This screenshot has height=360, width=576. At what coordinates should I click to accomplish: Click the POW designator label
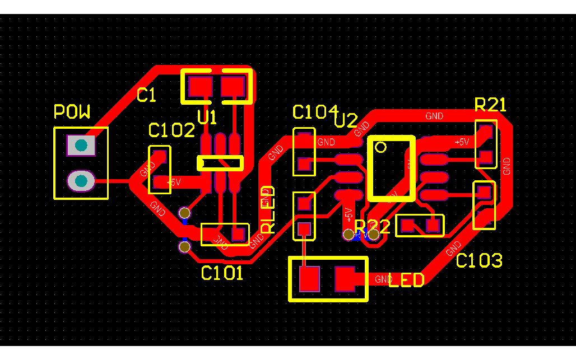pyautogui.click(x=72, y=112)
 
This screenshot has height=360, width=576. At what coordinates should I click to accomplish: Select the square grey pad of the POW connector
pyautogui.click(x=81, y=146)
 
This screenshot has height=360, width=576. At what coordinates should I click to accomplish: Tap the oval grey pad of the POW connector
pyautogui.click(x=81, y=181)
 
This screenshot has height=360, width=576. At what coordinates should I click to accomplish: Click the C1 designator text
pyautogui.click(x=146, y=95)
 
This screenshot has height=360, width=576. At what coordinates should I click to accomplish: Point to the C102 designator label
pyautogui.click(x=171, y=130)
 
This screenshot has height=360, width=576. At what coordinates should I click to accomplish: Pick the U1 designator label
pyautogui.click(x=207, y=118)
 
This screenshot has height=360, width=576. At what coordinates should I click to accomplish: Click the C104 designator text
pyautogui.click(x=315, y=112)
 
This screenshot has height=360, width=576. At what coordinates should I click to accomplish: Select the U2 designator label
pyautogui.click(x=346, y=120)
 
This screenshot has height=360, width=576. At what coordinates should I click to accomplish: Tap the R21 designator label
pyautogui.click(x=490, y=105)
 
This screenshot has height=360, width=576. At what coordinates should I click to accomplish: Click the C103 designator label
pyautogui.click(x=479, y=260)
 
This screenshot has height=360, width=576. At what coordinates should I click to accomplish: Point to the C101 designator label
pyautogui.click(x=222, y=273)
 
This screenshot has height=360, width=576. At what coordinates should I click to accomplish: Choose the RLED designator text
pyautogui.click(x=268, y=209)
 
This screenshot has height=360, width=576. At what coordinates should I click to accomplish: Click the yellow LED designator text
pyautogui.click(x=406, y=280)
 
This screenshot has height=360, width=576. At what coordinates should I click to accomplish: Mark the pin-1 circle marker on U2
pyautogui.click(x=381, y=147)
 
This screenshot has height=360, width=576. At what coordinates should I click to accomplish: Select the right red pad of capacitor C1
pyautogui.click(x=233, y=87)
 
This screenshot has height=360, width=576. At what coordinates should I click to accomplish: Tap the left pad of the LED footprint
pyautogui.click(x=309, y=279)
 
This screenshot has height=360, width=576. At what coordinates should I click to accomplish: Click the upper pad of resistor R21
pyautogui.click(x=485, y=132)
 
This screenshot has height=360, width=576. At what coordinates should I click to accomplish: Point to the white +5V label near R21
pyautogui.click(x=462, y=142)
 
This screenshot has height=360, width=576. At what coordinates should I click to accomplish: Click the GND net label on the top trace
pyautogui.click(x=434, y=116)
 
